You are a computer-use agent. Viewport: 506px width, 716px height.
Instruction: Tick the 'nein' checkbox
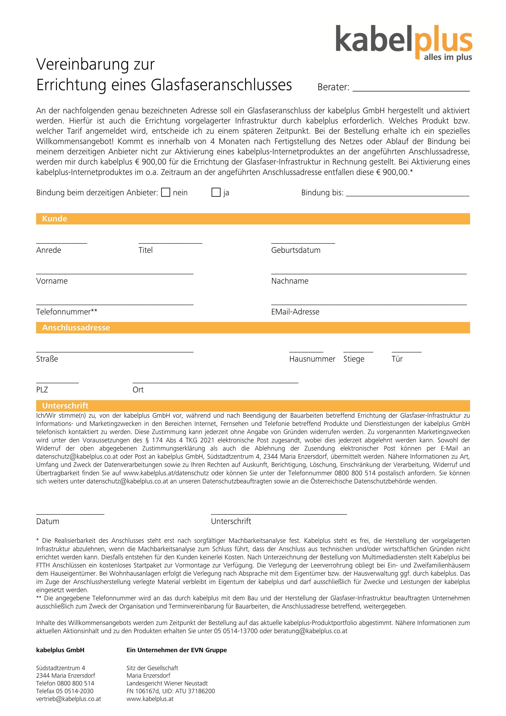[x=165, y=192]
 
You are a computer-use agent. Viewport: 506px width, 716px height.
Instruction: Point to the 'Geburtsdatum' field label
[x=296, y=250]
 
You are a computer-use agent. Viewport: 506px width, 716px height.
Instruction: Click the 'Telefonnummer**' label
[x=67, y=312]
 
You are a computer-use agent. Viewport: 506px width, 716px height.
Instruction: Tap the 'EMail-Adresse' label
[x=295, y=312]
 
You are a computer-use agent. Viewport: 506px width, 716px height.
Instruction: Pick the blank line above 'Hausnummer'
[x=306, y=351]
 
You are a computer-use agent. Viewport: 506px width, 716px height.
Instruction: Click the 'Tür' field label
[x=397, y=359]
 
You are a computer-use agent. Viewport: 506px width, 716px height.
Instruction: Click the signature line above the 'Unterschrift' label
[x=279, y=513]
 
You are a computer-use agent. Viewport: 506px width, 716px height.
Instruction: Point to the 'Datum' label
[x=48, y=521]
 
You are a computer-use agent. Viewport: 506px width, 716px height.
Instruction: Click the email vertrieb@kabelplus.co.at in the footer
[x=69, y=699]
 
